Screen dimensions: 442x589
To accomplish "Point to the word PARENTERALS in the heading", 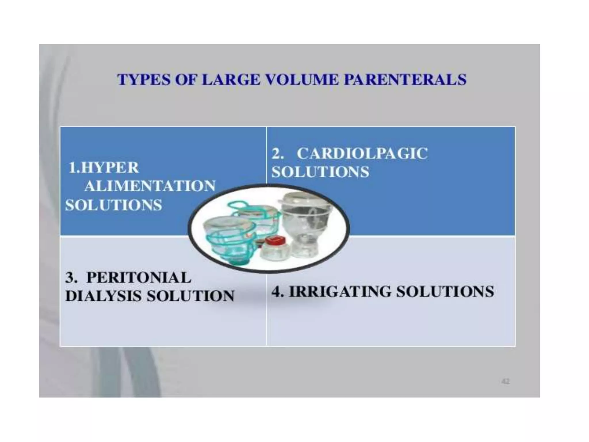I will click(x=405, y=79).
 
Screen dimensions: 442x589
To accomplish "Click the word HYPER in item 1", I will click(x=110, y=167).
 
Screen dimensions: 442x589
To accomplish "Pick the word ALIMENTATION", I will click(x=150, y=186).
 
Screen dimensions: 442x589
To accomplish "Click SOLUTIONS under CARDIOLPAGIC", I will click(x=320, y=172).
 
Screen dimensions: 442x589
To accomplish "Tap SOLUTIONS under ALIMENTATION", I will click(x=114, y=205).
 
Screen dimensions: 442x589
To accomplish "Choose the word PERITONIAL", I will click(x=139, y=277).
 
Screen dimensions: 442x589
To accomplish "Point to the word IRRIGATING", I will click(x=340, y=291).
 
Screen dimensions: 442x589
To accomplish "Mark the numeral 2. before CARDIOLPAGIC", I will click(x=278, y=153).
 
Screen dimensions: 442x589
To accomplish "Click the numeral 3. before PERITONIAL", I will click(x=71, y=277).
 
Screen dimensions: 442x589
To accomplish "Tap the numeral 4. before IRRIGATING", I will click(x=278, y=291).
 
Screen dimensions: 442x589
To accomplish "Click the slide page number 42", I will click(x=505, y=382).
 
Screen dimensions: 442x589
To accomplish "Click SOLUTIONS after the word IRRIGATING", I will click(x=445, y=291).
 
